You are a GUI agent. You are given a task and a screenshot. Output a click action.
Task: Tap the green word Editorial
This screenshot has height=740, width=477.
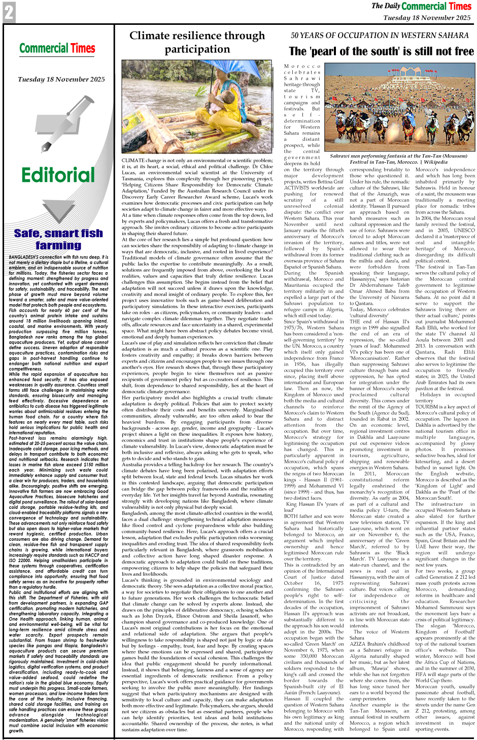[x=58, y=175]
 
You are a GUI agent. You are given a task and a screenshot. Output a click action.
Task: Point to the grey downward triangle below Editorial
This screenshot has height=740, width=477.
[x=58, y=209]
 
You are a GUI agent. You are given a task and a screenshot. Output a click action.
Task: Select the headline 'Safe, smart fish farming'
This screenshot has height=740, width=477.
[x=58, y=239]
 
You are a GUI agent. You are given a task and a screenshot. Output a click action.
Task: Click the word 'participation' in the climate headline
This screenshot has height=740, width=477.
[x=197, y=49]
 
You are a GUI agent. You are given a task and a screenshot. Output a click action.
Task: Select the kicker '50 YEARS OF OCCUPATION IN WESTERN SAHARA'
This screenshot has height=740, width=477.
[x=380, y=35]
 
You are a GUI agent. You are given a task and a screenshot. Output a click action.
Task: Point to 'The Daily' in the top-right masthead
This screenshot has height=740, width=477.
[x=386, y=6]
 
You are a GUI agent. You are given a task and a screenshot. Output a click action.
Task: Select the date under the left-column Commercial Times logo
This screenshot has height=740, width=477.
[x=61, y=80]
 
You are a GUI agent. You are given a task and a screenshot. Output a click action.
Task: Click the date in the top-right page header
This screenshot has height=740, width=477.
[x=427, y=18]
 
